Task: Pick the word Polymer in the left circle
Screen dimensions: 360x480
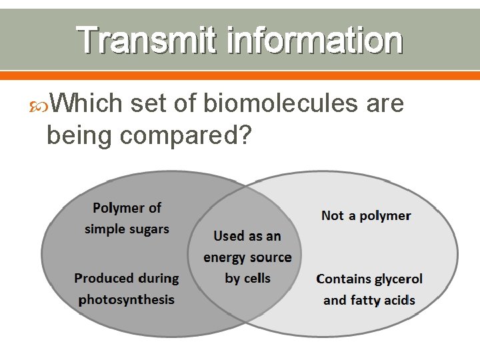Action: pos(119,208)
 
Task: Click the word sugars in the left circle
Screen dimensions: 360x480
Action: pos(148,229)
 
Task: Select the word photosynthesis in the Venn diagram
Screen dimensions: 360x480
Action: pos(127,299)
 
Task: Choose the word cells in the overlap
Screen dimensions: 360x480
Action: pos(256,279)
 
